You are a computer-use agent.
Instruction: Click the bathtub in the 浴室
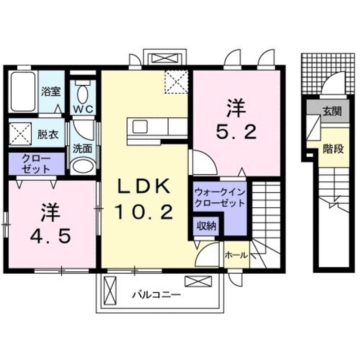(23, 92)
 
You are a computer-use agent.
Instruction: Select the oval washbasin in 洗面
(82, 166)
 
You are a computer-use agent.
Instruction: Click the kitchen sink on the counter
(140, 126)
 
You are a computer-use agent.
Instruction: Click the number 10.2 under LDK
(143, 212)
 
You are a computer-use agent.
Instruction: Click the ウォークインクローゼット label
(219, 198)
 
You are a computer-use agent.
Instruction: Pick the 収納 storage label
(206, 226)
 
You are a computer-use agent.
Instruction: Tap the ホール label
(236, 255)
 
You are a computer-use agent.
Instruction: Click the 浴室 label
(51, 91)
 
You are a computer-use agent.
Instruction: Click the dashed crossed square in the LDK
(176, 82)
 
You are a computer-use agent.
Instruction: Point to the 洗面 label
(82, 148)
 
